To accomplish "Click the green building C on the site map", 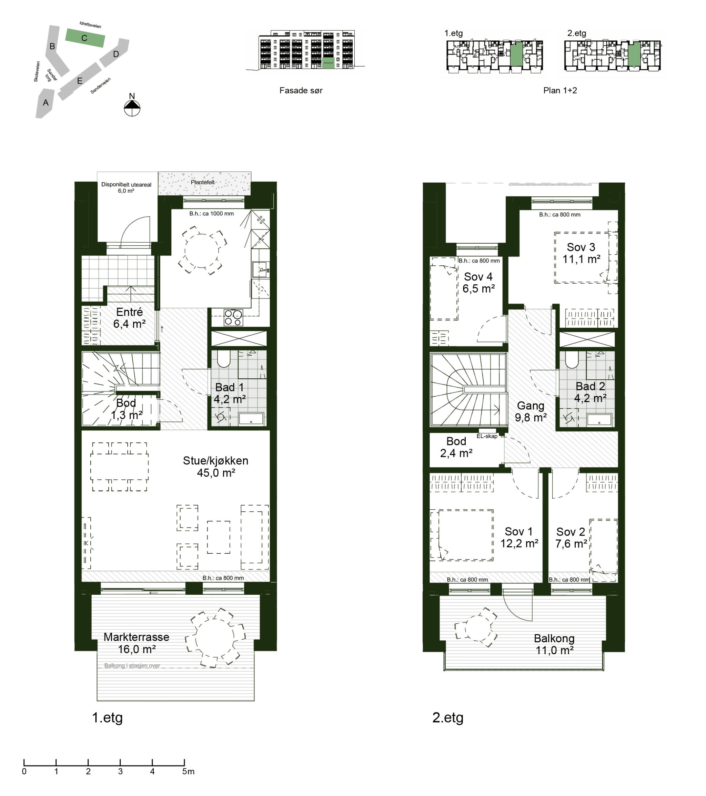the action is (x=84, y=38).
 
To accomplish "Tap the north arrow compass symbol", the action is (x=132, y=108).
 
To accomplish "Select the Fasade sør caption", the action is (x=301, y=91).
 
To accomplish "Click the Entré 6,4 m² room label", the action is (x=129, y=318).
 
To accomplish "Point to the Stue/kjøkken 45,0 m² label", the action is (x=215, y=467).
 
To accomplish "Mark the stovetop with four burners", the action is (x=233, y=317).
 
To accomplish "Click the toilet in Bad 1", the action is (x=224, y=359).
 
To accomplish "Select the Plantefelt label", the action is (x=203, y=182).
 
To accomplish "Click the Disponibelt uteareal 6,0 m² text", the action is (x=126, y=188).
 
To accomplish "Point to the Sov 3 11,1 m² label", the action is (x=581, y=253).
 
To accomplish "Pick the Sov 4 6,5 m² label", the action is (x=478, y=283).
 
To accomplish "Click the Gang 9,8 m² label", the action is (x=530, y=412).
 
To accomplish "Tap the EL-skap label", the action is (x=487, y=436).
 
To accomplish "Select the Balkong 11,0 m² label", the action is (x=554, y=644).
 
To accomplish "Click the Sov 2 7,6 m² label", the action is (x=571, y=538).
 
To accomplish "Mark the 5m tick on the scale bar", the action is (x=184, y=763).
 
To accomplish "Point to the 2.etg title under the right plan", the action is (x=448, y=717).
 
